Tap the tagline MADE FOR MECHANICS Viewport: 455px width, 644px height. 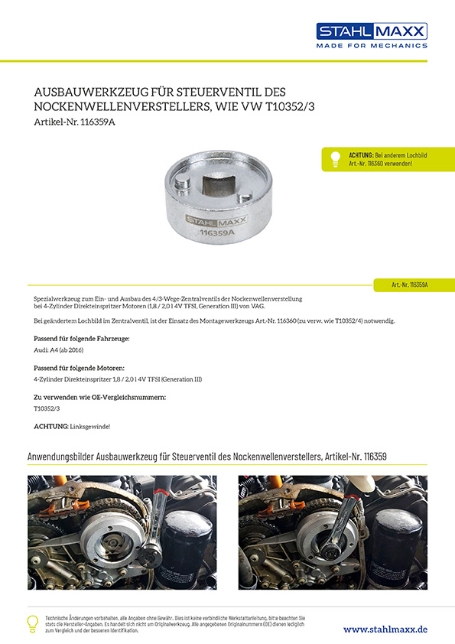click(x=372, y=46)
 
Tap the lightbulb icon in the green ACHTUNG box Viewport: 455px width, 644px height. click(x=334, y=159)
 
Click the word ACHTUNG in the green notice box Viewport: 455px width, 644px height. click(x=362, y=154)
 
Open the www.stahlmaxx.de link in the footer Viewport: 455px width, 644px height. click(x=385, y=629)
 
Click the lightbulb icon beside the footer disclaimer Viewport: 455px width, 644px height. click(x=33, y=623)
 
